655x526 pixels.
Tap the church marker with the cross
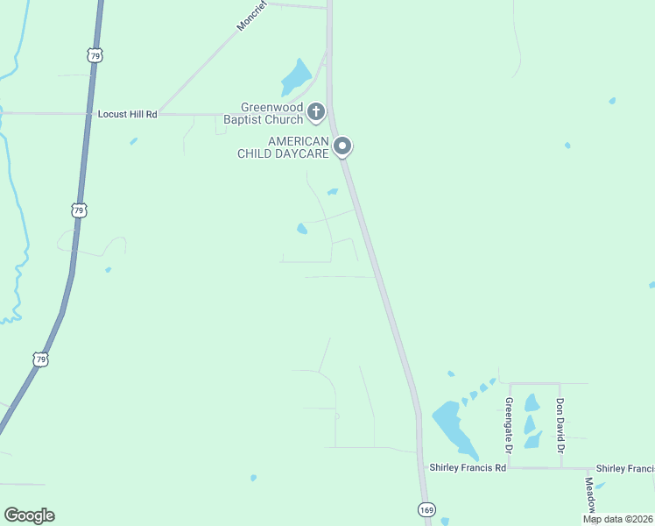[316, 112]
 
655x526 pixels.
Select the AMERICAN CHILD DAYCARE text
[285, 147]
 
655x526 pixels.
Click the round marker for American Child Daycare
[343, 146]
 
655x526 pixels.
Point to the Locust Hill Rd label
[127, 114]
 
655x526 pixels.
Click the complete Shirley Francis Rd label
[468, 468]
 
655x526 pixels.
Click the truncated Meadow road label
[591, 495]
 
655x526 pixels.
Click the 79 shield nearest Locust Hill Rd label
[94, 55]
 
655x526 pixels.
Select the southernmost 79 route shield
[40, 359]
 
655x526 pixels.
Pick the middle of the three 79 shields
[79, 210]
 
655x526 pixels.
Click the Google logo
[29, 515]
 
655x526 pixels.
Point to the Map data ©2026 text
[616, 519]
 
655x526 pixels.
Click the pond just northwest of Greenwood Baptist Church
[297, 77]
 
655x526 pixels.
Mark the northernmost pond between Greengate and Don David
[532, 402]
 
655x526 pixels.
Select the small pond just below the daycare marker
[333, 191]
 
